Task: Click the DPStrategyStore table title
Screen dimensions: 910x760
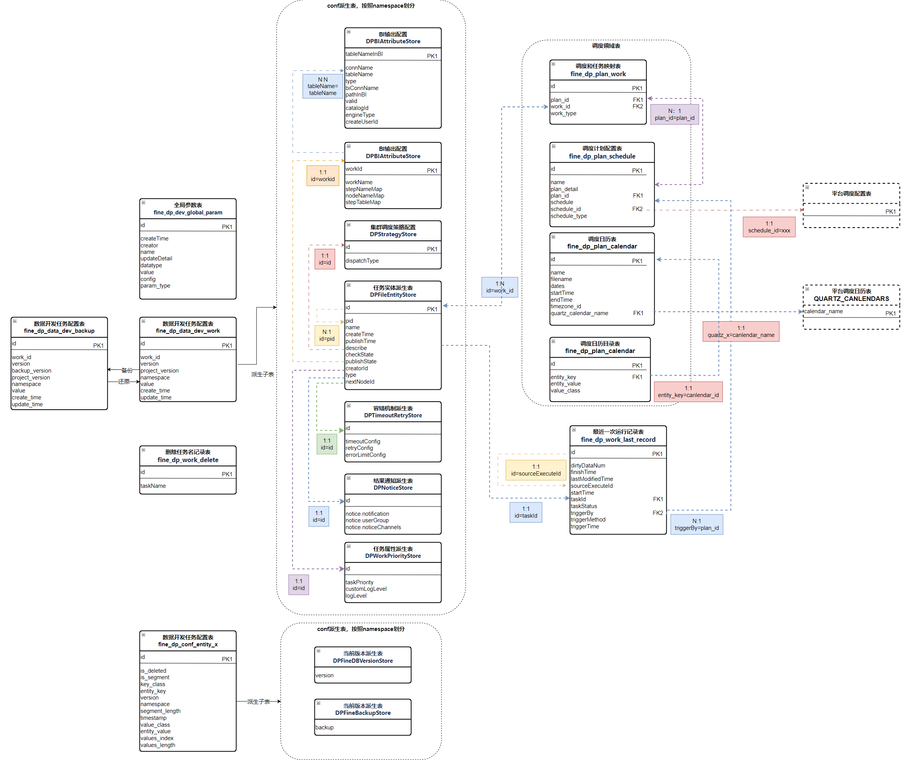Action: coord(393,234)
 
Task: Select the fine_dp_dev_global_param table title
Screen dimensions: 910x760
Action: coord(188,212)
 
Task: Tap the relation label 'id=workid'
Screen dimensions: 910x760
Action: coord(322,179)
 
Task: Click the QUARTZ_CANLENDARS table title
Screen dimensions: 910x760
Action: coord(851,299)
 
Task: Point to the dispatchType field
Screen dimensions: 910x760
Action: coord(362,261)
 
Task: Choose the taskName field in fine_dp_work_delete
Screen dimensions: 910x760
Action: coord(153,486)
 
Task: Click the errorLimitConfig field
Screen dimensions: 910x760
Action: coord(365,455)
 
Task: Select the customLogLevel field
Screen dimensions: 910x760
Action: coord(366,589)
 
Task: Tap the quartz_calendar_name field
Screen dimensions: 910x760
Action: coord(579,313)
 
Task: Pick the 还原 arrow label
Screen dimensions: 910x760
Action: coord(124,382)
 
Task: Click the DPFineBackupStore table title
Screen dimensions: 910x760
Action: coord(363,713)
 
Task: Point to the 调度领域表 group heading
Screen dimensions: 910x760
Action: coord(606,46)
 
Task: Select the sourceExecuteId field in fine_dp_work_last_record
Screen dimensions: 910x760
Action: coord(591,486)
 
